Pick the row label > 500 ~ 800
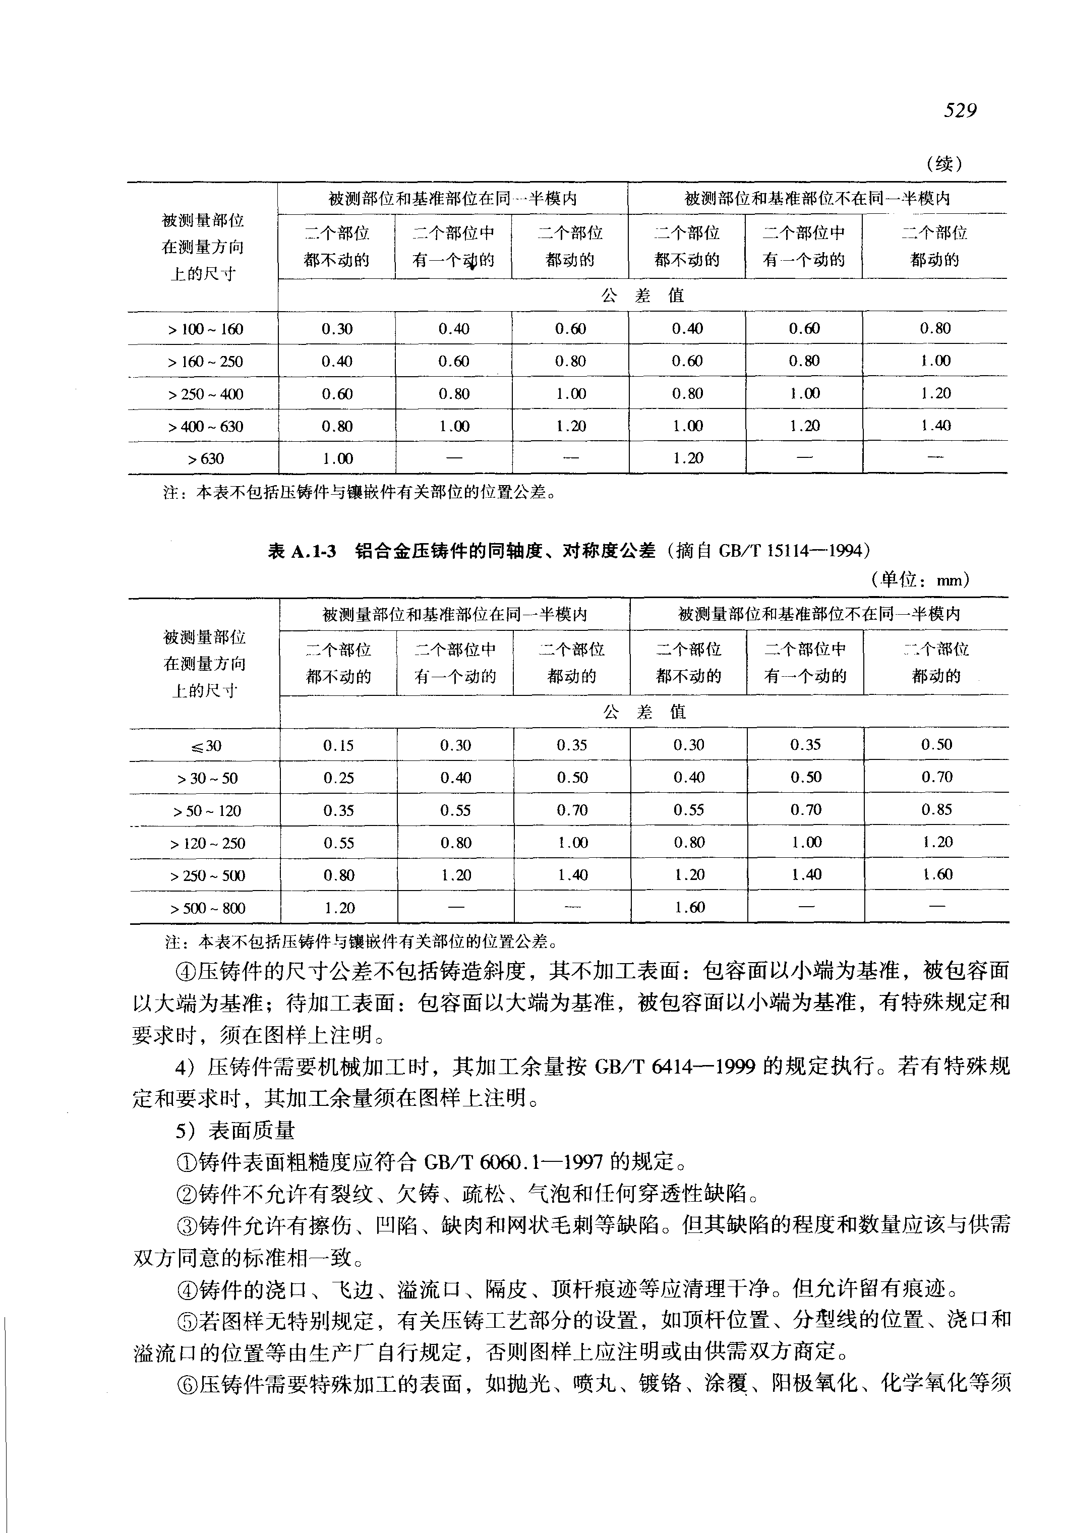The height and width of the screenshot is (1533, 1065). [x=208, y=908]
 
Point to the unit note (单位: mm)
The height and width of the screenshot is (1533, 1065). [x=920, y=580]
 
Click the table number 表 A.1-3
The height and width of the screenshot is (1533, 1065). [x=302, y=551]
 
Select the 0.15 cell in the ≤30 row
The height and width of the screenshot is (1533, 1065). [x=338, y=745]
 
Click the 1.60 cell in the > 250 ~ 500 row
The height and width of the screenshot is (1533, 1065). [x=936, y=875]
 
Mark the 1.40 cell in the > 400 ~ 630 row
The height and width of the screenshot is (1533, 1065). [x=935, y=426]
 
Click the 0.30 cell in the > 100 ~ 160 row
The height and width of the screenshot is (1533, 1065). [x=337, y=329]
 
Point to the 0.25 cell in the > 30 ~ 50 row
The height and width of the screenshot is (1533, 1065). [x=338, y=778]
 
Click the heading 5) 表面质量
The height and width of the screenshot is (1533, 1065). [x=235, y=1131]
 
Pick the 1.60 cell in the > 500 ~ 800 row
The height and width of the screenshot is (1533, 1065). [x=689, y=908]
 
